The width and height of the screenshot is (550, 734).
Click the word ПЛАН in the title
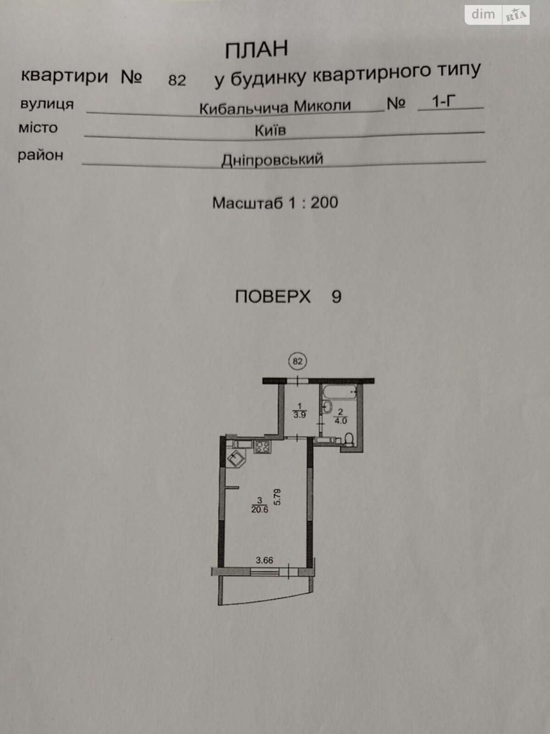[256, 50]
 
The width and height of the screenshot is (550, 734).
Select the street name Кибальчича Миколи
[275, 107]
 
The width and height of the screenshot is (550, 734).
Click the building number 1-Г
[444, 101]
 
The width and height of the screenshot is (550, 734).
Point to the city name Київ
[270, 130]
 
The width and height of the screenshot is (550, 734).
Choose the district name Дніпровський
[272, 160]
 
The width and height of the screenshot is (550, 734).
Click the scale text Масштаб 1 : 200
[275, 203]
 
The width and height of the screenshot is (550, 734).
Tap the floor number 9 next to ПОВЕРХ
[336, 297]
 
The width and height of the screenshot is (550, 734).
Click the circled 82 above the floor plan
[297, 361]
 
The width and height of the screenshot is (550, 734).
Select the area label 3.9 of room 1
[300, 415]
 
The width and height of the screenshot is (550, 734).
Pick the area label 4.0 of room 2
[340, 421]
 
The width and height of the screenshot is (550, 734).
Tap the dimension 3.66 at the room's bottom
[264, 560]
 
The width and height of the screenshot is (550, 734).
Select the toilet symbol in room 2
[349, 439]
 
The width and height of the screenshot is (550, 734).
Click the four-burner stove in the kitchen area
[263, 447]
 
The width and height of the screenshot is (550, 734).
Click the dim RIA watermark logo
[497, 15]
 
